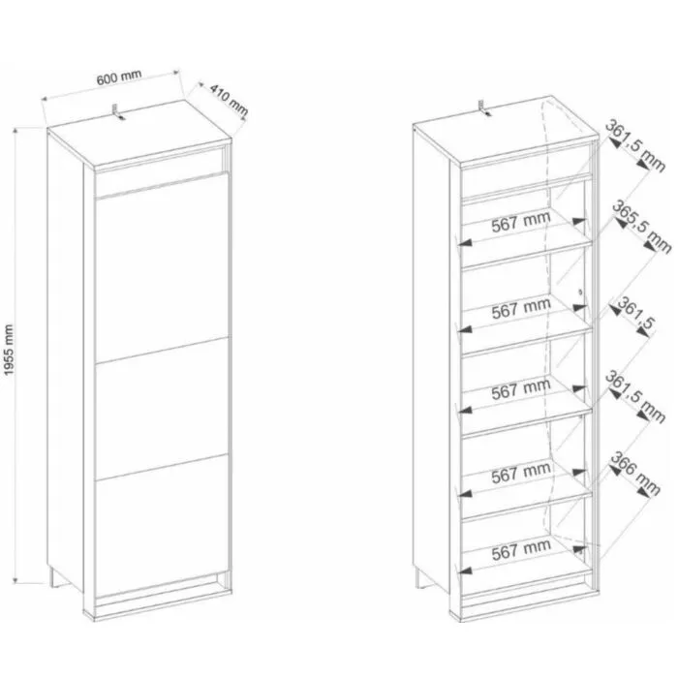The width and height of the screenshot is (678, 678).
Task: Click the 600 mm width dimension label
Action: coord(118,77)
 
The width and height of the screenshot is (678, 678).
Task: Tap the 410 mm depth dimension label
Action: coord(230,101)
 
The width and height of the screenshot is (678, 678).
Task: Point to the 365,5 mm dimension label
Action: coord(641,227)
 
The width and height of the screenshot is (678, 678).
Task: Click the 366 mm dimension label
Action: coord(634,474)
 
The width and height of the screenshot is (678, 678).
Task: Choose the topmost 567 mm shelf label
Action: coord(521,221)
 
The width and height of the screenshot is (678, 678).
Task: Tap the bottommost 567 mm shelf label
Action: coord(521,549)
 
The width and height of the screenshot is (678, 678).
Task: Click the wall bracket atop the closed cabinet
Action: coord(117,111)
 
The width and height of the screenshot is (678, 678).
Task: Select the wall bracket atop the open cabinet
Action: coord(484,108)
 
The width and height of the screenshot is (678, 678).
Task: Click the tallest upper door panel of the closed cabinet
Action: coord(161,266)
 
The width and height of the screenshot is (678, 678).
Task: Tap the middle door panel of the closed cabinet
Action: coord(161,409)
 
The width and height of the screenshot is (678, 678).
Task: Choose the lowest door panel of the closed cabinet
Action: coord(161,525)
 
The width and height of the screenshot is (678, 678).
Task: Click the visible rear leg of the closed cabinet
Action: coord(53,577)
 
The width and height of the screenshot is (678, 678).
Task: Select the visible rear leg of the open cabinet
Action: coord(419,578)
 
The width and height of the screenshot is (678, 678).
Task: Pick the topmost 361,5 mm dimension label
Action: coord(634,146)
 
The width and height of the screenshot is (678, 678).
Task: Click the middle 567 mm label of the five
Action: coord(521,390)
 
